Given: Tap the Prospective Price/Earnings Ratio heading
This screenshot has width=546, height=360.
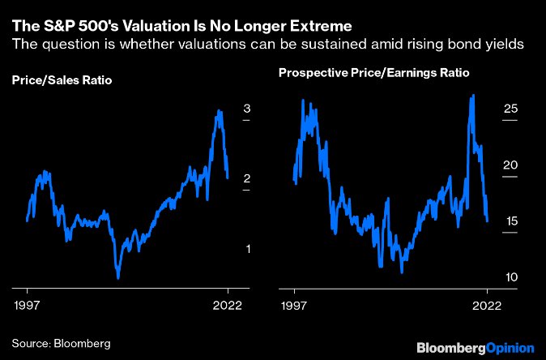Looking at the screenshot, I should [x=374, y=73].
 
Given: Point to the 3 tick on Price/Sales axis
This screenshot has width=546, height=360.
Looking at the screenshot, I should [x=247, y=109].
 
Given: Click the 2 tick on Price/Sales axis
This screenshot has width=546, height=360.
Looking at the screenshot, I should [x=247, y=178].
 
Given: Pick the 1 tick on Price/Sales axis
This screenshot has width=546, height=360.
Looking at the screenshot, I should [x=247, y=248].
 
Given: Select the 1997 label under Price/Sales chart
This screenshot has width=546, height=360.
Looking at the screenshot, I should [x=28, y=307].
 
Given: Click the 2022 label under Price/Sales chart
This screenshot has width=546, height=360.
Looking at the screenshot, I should [x=228, y=307].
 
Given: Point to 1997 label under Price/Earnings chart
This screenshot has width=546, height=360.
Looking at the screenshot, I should [x=294, y=307].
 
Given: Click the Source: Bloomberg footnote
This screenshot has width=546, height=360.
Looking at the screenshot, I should [x=61, y=343].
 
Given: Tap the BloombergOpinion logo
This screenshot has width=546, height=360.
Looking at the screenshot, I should [x=475, y=347].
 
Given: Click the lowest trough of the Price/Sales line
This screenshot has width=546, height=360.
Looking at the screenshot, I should [x=118, y=278].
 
